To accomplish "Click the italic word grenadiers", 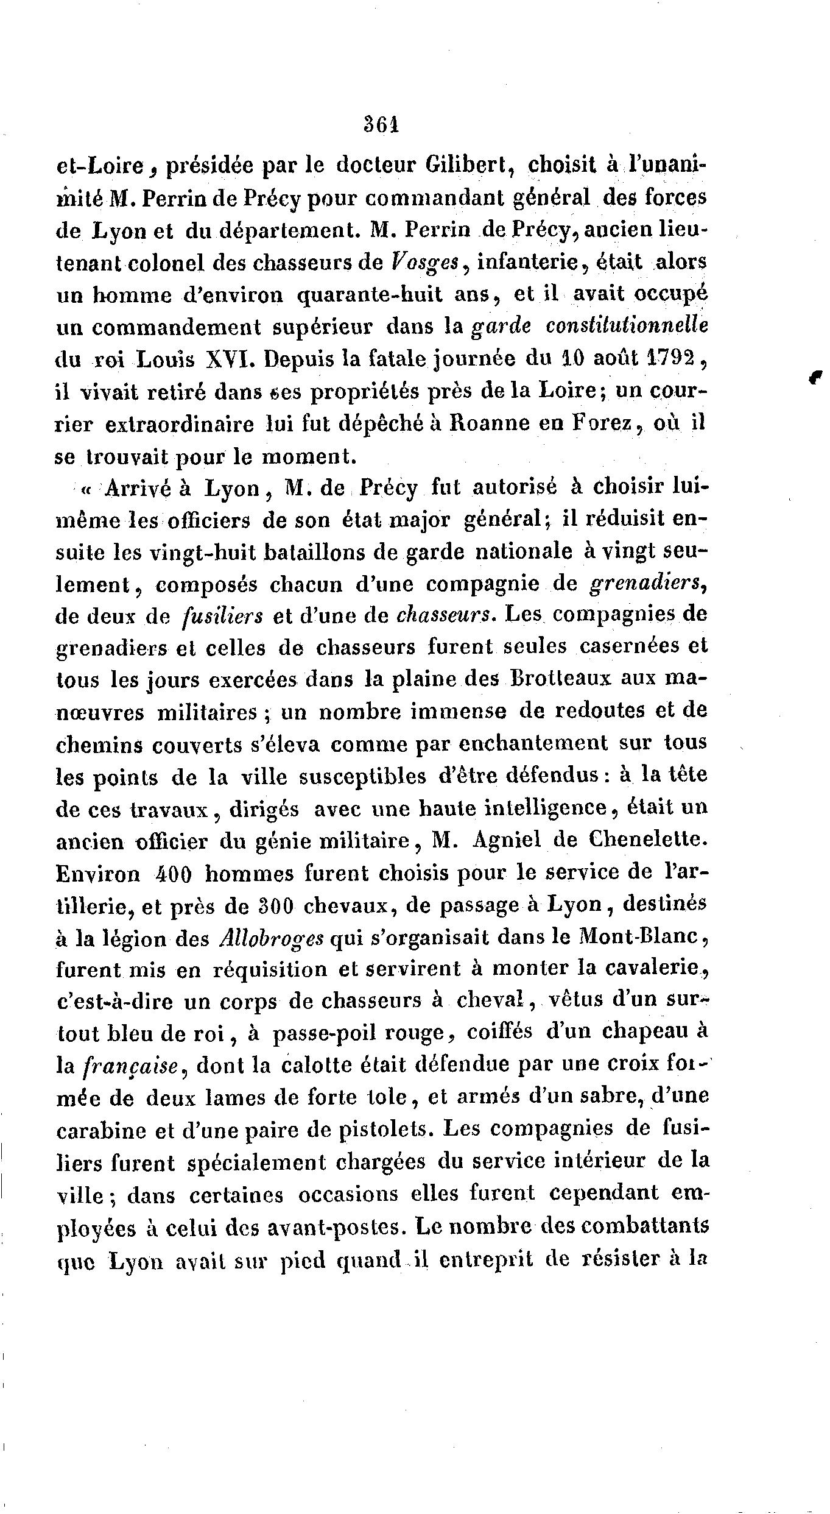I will (x=649, y=584).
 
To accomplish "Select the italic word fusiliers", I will (x=223, y=617).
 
